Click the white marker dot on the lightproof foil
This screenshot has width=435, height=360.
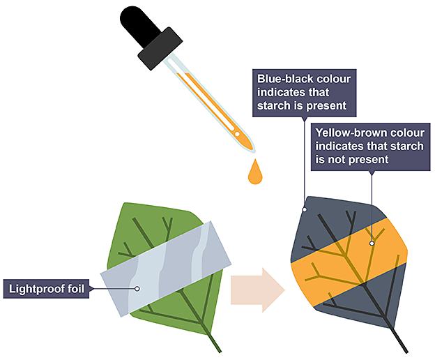pos(137,288)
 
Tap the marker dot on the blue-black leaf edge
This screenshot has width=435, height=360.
pos(304,209)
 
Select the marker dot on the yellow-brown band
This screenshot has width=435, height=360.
pos(372,243)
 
